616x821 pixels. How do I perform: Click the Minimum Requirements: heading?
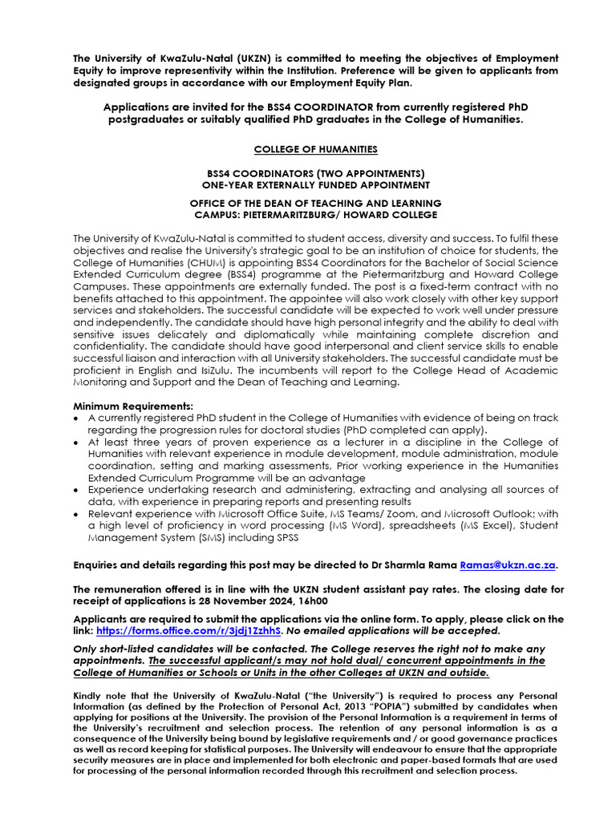click(133, 406)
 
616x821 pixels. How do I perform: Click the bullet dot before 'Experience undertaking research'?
click(76, 490)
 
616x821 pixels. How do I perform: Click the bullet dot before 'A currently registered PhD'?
click(76, 419)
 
